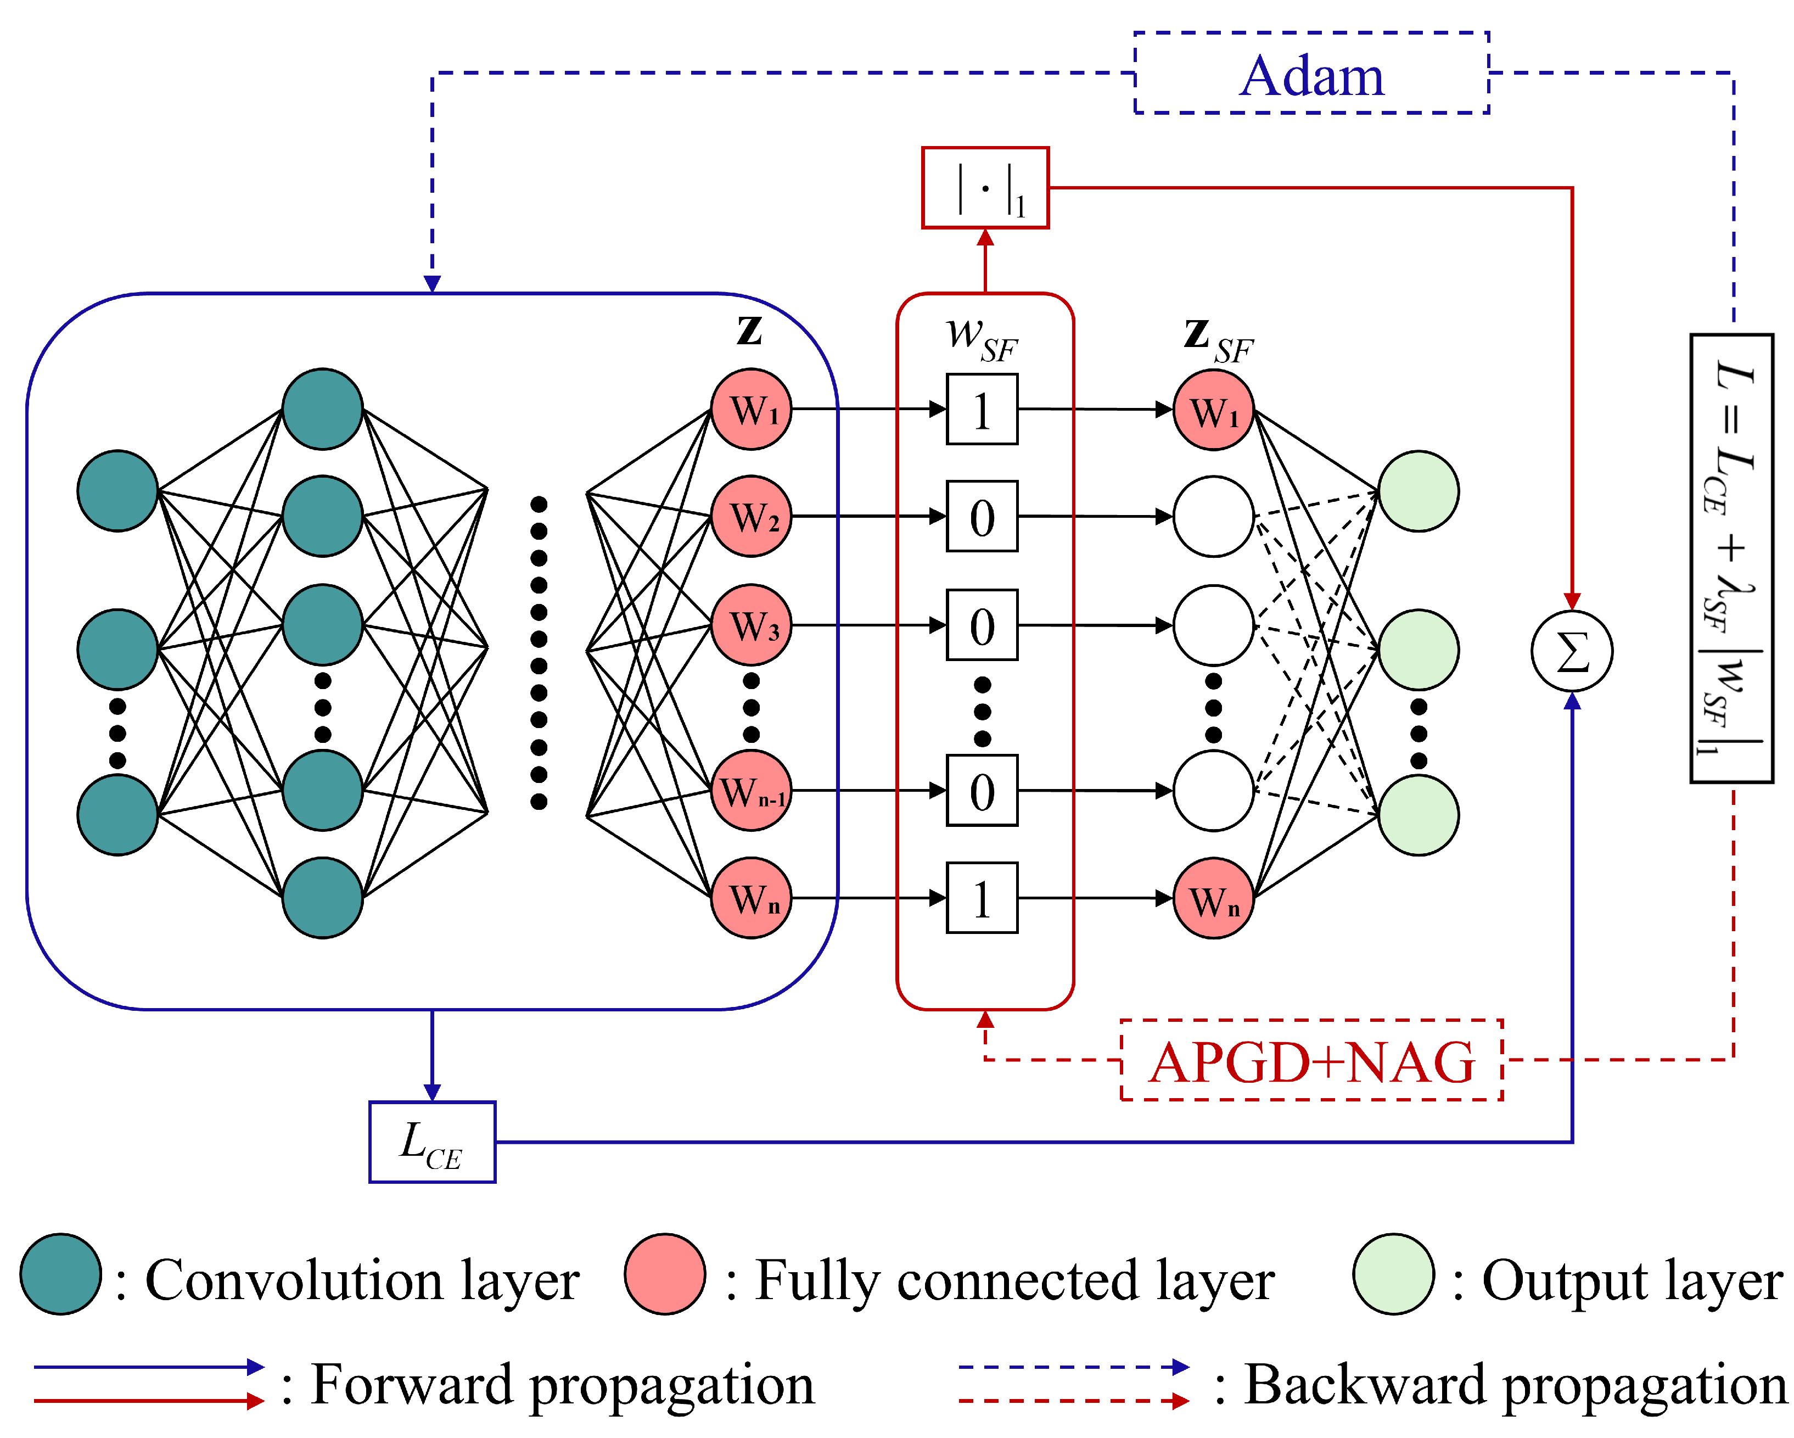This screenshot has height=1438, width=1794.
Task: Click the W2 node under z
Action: tap(752, 517)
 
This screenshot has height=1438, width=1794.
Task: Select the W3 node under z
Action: tap(752, 625)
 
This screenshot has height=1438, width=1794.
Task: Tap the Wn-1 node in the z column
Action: tap(752, 791)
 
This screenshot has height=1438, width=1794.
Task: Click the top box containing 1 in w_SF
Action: tap(982, 410)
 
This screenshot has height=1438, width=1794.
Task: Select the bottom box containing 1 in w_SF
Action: tap(982, 898)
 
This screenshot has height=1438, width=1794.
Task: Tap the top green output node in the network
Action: tap(1419, 491)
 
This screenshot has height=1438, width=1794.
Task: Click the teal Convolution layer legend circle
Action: tap(61, 1274)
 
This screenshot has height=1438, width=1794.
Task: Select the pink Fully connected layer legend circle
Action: tap(665, 1274)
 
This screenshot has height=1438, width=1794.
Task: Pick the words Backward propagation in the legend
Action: tap(1515, 1386)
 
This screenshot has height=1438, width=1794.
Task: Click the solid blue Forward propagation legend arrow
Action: tap(149, 1367)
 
